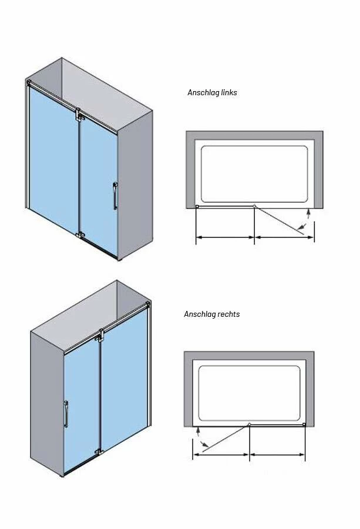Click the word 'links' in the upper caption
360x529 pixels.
pos(229,92)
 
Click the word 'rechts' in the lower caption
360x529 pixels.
pos(228,314)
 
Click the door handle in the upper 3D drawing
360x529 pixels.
pos(115,196)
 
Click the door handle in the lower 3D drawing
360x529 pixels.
pos(66,414)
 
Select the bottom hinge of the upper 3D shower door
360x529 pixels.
pos(80,235)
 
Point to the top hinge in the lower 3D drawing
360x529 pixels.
pos(100,336)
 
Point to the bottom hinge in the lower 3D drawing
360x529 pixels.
pos(99,451)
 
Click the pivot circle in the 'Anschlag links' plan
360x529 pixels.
pos(254,206)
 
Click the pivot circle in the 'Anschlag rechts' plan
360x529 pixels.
pos(250,424)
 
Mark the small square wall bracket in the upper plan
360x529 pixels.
pos(197,206)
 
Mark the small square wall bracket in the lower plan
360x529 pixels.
pos(304,425)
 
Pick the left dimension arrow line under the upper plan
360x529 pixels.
pos(225,237)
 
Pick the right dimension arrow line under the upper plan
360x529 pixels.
pos(284,237)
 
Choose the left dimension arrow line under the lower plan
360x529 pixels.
pos(221,455)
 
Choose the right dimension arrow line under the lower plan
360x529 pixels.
pos(277,455)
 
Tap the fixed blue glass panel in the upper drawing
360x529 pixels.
pos(53,159)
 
